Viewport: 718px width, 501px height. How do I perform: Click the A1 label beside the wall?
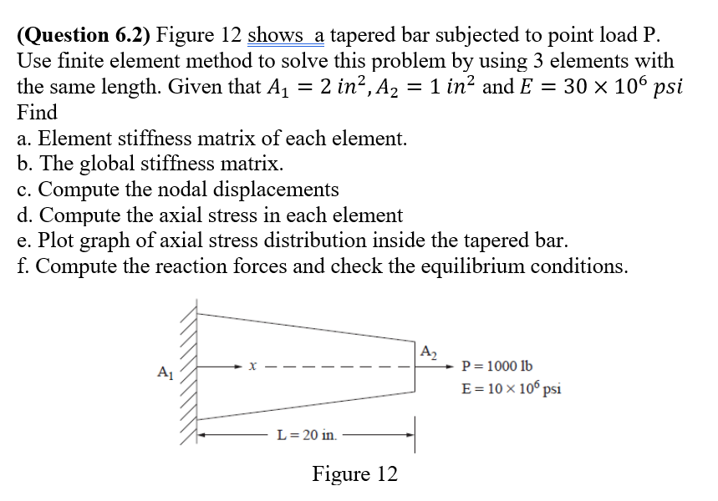click(164, 371)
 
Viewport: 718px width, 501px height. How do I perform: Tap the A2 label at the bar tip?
click(426, 351)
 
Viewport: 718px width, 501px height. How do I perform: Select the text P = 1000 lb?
click(496, 367)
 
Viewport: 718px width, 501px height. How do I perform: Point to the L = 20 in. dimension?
click(307, 435)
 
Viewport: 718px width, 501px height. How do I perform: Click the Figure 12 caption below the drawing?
click(354, 474)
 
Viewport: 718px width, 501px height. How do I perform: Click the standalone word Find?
click(38, 112)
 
